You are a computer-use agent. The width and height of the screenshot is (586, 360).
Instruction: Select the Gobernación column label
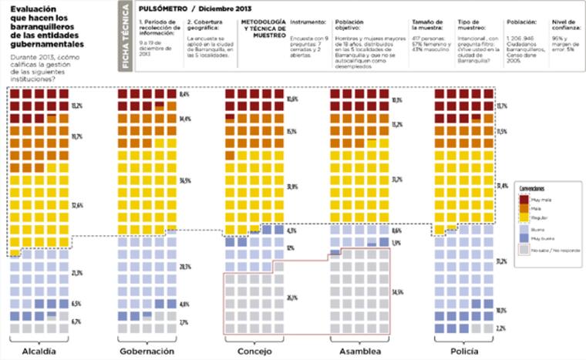(146, 351)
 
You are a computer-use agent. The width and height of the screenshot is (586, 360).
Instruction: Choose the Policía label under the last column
(463, 351)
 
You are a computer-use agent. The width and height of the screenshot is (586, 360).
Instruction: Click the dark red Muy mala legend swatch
(524, 199)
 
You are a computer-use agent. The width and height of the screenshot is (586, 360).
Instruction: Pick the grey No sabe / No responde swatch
(524, 251)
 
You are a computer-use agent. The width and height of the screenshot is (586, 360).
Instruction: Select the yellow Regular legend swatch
(524, 219)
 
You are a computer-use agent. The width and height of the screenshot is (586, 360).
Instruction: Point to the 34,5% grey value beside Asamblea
(398, 292)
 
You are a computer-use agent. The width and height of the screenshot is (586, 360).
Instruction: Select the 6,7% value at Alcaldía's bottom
(76, 321)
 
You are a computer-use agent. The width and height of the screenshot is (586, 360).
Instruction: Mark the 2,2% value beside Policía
(500, 328)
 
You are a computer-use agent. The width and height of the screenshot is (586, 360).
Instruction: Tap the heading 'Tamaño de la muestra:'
(427, 25)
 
